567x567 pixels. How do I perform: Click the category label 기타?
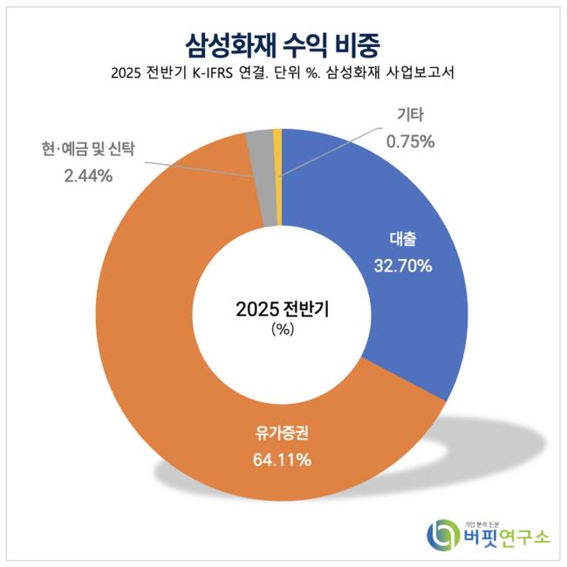coord(404,115)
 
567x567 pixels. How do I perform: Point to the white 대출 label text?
coord(404,238)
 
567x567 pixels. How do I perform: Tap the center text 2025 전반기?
coord(283,309)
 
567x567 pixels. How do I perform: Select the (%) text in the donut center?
coord(283,330)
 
